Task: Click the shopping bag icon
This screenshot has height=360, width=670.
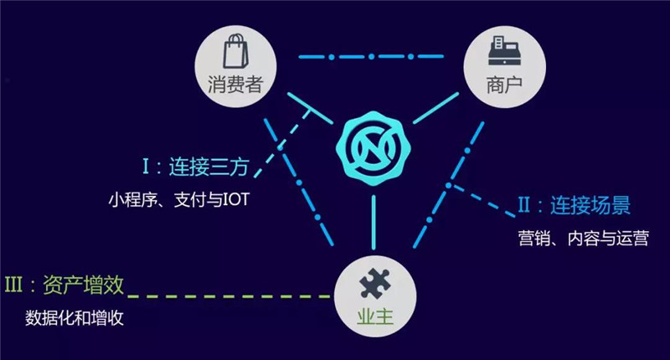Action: pyautogui.click(x=236, y=51)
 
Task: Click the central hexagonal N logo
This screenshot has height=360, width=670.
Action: pyautogui.click(x=374, y=149)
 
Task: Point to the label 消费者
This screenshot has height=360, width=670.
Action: pyautogui.click(x=235, y=84)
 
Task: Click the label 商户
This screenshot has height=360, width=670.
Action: pyautogui.click(x=504, y=85)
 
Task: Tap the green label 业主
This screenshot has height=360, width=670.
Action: pyautogui.click(x=374, y=316)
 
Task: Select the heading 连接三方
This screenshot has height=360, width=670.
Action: pyautogui.click(x=209, y=167)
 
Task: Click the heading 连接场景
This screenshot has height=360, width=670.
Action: pyautogui.click(x=590, y=205)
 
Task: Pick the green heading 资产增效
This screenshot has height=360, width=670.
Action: pyautogui.click(x=83, y=285)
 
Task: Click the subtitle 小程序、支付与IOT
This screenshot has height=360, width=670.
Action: pyautogui.click(x=178, y=200)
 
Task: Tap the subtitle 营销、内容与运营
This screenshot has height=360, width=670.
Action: pyautogui.click(x=583, y=239)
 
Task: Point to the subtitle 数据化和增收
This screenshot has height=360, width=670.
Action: pyautogui.click(x=75, y=318)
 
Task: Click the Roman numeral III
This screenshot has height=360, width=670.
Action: pyautogui.click(x=13, y=285)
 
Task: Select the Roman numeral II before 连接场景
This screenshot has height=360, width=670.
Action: pyautogui.click(x=524, y=205)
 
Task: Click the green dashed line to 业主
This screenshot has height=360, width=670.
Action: pyautogui.click(x=229, y=296)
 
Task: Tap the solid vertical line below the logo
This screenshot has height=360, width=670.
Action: pyautogui.click(x=374, y=222)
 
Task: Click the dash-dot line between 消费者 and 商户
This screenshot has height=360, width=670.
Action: pyautogui.click(x=371, y=56)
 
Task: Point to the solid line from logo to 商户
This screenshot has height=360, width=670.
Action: pyautogui.click(x=435, y=108)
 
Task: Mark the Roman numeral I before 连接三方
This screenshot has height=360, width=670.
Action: pyautogui.click(x=146, y=166)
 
